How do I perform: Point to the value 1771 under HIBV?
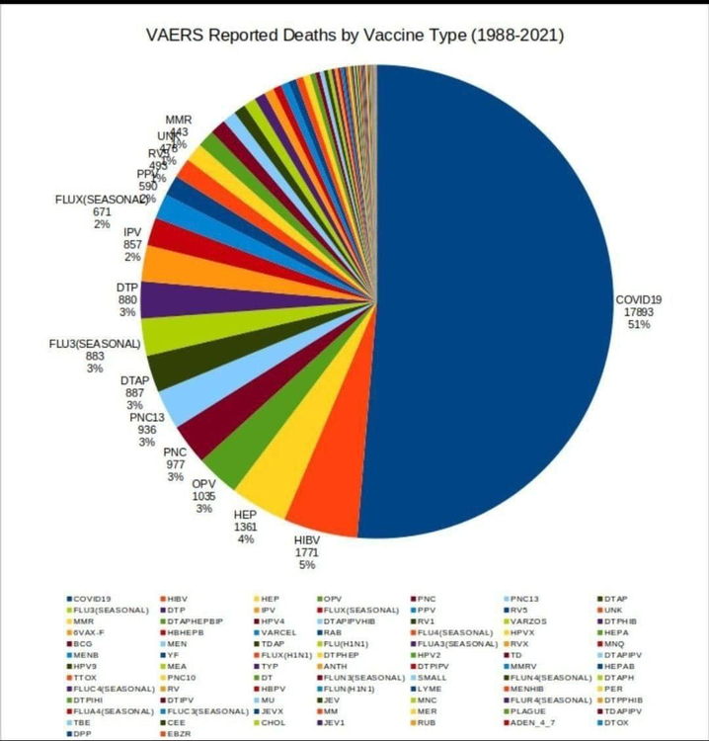pyautogui.click(x=306, y=553)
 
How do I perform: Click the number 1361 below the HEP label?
pyautogui.click(x=245, y=527)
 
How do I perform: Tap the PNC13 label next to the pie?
pyautogui.click(x=146, y=418)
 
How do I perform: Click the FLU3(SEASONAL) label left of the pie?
pyautogui.click(x=96, y=344)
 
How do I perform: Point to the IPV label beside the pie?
pyautogui.click(x=131, y=231)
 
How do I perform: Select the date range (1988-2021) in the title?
pyautogui.click(x=513, y=36)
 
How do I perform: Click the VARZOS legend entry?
pyautogui.click(x=525, y=620)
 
